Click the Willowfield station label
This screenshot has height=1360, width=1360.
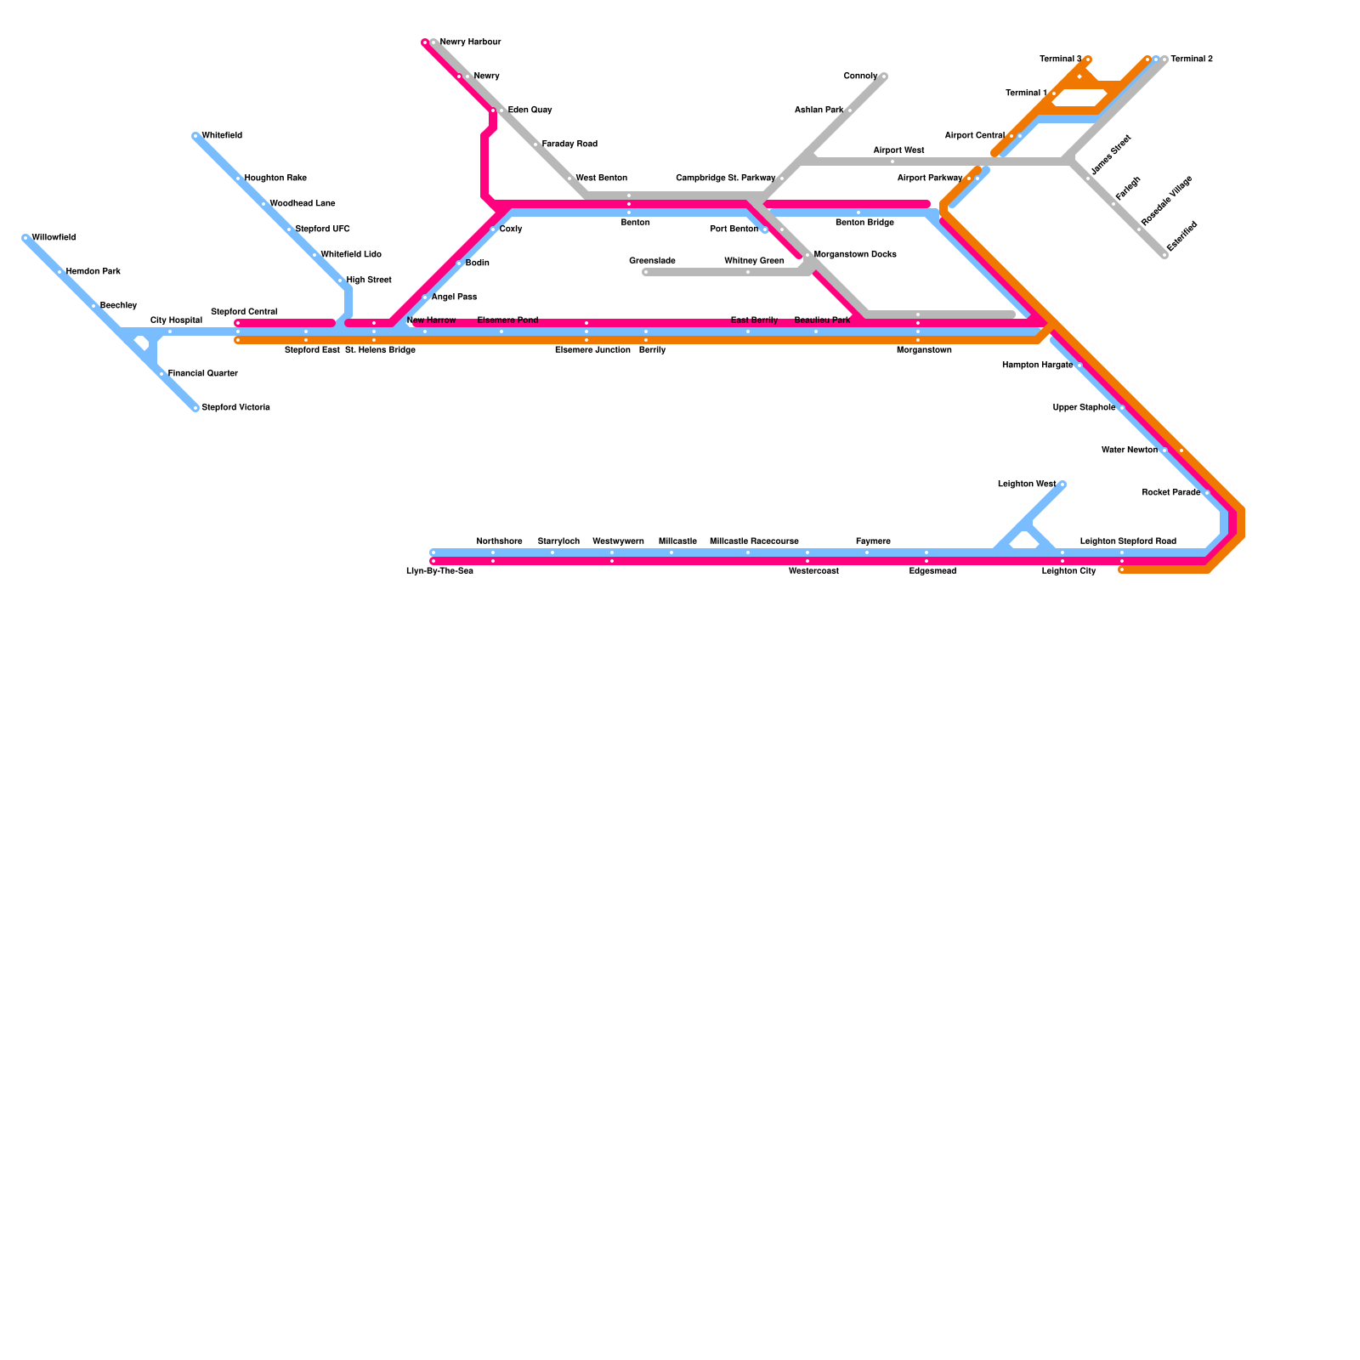pyautogui.click(x=54, y=238)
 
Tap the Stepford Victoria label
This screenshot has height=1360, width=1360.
pyautogui.click(x=235, y=408)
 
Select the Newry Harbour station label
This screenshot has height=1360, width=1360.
pyautogui.click(x=470, y=42)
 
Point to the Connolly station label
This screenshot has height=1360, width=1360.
pyautogui.click(x=860, y=76)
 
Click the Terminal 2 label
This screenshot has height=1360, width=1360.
pyautogui.click(x=1192, y=59)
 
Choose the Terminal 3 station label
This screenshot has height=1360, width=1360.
pyautogui.click(x=1060, y=59)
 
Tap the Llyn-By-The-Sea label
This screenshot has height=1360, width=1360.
pyautogui.click(x=439, y=571)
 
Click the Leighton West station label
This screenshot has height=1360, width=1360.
pyautogui.click(x=1026, y=484)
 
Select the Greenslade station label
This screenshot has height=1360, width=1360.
pyautogui.click(x=652, y=260)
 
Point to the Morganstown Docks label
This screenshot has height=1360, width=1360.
pyautogui.click(x=855, y=255)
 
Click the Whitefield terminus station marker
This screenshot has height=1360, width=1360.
pyautogui.click(x=195, y=136)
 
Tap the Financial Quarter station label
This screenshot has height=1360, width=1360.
pyautogui.click(x=202, y=374)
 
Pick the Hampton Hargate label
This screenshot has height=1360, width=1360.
pyautogui.click(x=1037, y=365)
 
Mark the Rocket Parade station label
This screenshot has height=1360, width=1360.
pyautogui.click(x=1170, y=493)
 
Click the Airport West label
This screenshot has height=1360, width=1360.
pyautogui.click(x=898, y=150)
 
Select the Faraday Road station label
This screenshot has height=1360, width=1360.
pyautogui.click(x=569, y=144)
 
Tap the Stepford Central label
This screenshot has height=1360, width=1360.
pyautogui.click(x=244, y=312)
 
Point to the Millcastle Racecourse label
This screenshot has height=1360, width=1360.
pyautogui.click(x=754, y=541)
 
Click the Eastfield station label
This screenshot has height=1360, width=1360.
pyautogui.click(x=1181, y=236)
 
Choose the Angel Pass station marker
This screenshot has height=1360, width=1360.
pyautogui.click(x=425, y=297)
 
